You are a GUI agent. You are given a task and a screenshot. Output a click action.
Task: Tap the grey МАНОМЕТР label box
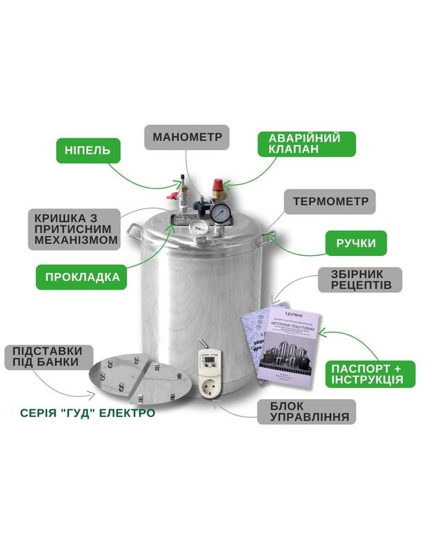tap(187, 137)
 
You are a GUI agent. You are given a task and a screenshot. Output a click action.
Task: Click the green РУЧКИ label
tap(357, 243)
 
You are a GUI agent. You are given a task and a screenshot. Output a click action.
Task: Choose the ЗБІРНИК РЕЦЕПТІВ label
tap(362, 279)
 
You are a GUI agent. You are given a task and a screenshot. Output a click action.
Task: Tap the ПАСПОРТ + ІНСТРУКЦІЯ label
tap(372, 374)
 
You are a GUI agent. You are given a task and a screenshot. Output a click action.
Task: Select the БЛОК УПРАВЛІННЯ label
tap(306, 412)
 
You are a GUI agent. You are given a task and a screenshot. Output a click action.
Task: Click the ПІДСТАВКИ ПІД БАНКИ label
tap(47, 357)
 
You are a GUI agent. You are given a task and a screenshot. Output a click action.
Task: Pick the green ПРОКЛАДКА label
tap(82, 277)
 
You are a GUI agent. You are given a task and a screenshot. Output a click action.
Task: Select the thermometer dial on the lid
tap(199, 227)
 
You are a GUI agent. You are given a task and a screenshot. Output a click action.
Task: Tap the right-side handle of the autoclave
tap(270, 236)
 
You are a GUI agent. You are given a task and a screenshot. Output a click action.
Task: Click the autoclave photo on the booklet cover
tap(285, 348)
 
